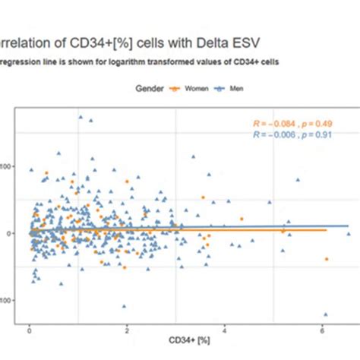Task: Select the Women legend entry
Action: [x=186, y=89]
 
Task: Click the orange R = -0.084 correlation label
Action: [x=276, y=124]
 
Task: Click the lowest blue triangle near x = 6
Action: [x=325, y=314]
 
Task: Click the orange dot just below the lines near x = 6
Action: [x=327, y=259]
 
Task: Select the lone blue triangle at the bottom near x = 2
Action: [x=124, y=306]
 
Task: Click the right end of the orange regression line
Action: [x=327, y=229]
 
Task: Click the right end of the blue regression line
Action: [x=348, y=226]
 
